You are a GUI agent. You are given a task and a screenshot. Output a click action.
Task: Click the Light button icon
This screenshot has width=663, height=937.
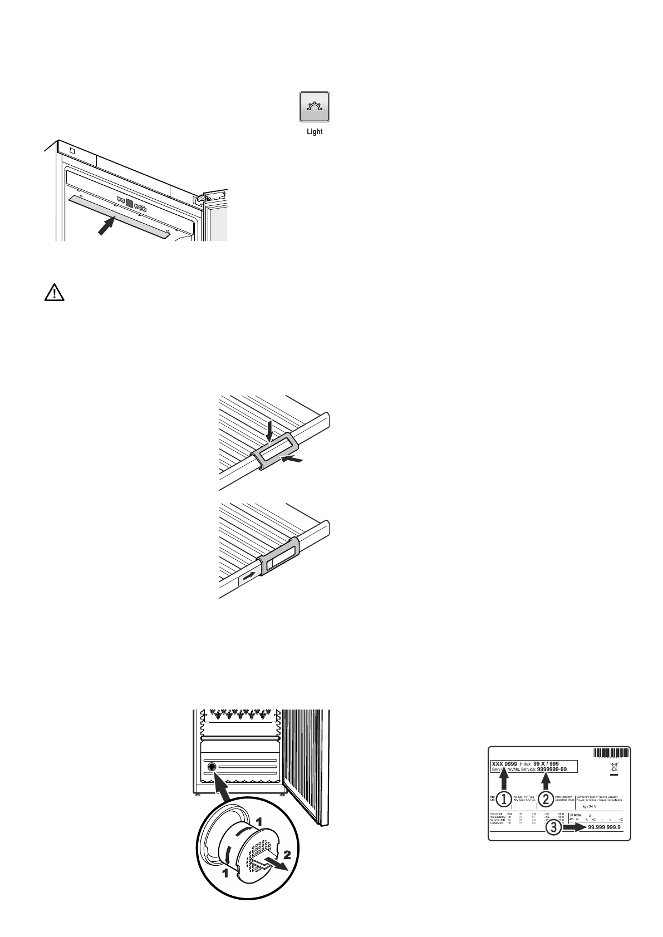click(x=315, y=107)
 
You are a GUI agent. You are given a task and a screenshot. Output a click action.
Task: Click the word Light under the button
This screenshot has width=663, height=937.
click(x=315, y=132)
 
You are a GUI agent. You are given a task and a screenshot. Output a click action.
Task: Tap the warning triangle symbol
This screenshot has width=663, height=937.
click(x=54, y=294)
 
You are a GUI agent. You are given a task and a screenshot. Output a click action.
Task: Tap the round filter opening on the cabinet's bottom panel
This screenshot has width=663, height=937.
click(x=212, y=767)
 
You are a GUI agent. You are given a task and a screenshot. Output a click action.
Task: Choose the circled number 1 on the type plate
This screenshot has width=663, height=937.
click(x=504, y=799)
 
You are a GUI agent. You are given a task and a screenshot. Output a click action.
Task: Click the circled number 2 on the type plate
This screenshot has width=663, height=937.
click(x=546, y=799)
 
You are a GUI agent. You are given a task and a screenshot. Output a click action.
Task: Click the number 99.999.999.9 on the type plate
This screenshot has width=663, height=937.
click(x=604, y=827)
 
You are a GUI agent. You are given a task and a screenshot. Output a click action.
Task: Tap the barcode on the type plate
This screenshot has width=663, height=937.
click(x=611, y=753)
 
